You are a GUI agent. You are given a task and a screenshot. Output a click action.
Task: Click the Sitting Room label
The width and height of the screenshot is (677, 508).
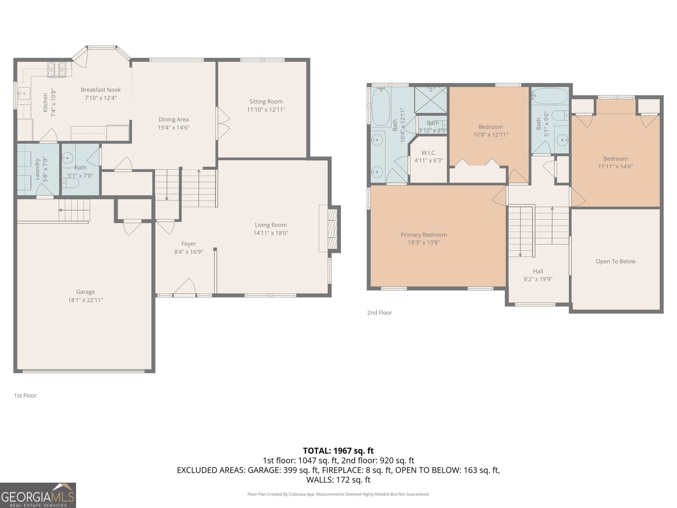point(266,102)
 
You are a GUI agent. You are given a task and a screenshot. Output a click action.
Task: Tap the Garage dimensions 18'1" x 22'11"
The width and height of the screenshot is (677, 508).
point(85,300)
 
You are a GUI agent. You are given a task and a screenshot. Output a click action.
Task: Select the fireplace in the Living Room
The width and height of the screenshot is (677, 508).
point(333,229)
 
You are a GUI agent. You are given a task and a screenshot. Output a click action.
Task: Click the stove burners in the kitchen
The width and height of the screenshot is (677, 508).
point(57,69)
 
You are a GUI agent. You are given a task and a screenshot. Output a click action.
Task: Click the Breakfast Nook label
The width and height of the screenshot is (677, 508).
point(101,90)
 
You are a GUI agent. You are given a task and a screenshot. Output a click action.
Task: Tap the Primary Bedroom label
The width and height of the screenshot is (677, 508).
point(424,235)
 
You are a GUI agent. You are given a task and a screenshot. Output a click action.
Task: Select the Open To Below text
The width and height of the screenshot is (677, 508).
point(615,261)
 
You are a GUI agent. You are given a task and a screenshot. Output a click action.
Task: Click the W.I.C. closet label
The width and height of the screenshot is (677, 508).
point(428,153)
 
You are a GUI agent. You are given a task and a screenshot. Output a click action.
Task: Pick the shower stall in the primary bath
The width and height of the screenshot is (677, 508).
point(430,100)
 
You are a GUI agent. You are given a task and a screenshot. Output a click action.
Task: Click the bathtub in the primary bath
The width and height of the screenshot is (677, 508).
point(381,106)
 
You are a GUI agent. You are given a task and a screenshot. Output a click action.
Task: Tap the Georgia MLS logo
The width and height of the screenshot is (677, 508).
point(38,495)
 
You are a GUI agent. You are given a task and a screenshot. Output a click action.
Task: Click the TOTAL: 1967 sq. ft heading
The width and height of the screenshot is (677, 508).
point(338,450)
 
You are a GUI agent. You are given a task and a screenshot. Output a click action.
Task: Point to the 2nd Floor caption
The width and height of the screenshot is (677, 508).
point(380,312)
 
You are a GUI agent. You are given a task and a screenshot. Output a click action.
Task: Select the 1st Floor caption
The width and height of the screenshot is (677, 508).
point(25,395)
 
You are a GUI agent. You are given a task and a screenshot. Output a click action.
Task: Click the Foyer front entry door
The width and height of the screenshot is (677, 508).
point(184,288)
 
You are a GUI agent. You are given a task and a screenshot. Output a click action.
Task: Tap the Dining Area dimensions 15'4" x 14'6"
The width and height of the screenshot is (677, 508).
point(173,127)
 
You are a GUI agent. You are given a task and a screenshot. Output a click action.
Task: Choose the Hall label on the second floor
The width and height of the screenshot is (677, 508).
point(538,271)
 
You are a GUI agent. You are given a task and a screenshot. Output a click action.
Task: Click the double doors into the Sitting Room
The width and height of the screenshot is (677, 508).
point(222,123)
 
